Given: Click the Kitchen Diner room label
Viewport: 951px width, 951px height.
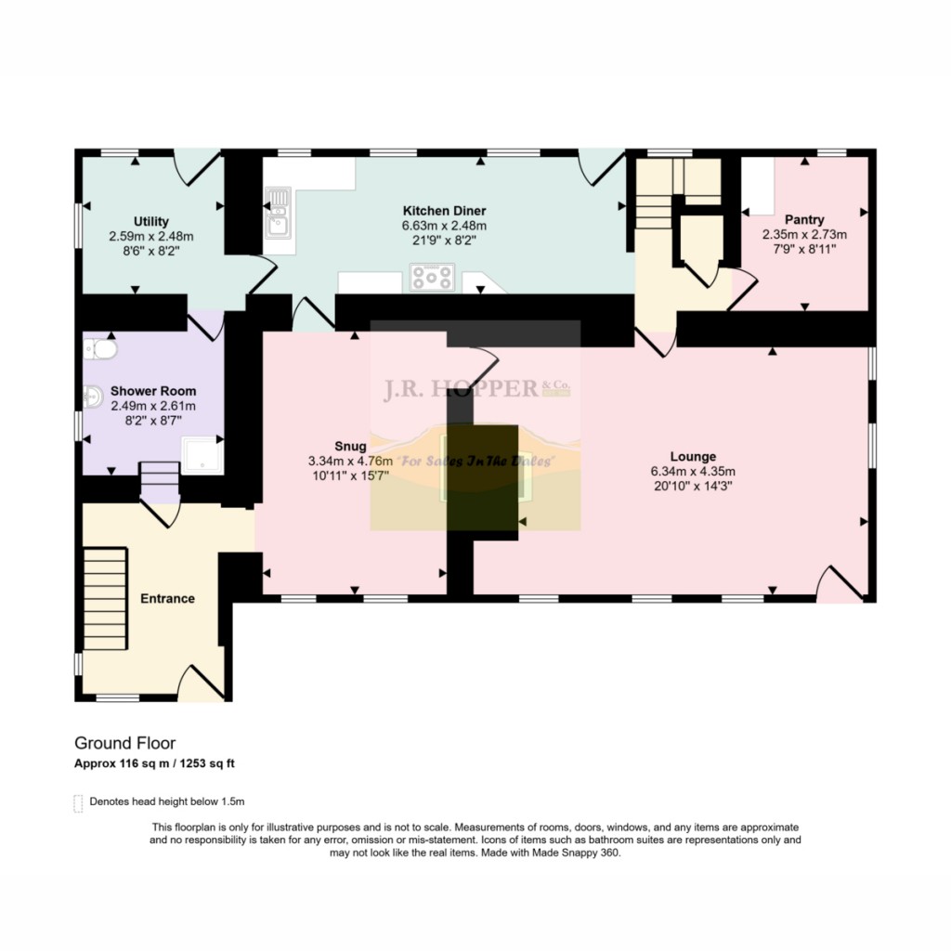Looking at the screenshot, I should [x=444, y=211].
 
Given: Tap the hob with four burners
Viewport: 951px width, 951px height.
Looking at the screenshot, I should [x=433, y=277].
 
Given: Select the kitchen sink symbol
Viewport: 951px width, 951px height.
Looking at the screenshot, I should [x=278, y=213].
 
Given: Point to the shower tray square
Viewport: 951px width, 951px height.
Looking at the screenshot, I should [x=202, y=455].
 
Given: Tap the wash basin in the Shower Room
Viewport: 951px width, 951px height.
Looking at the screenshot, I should [x=91, y=397].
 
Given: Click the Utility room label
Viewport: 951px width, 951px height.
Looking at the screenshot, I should [x=150, y=221].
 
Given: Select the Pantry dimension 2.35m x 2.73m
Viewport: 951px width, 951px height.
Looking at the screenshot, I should [x=804, y=235].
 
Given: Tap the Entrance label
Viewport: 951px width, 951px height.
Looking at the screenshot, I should [x=167, y=598].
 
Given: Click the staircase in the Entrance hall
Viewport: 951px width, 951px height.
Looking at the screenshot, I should [x=105, y=600].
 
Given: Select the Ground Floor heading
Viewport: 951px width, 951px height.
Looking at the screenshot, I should [x=124, y=743].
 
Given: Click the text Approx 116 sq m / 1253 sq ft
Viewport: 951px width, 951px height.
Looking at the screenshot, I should [x=161, y=763].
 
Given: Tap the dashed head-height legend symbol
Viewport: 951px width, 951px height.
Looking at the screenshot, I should [x=77, y=802].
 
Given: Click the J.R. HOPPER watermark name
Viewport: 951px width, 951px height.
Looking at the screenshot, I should [x=461, y=389].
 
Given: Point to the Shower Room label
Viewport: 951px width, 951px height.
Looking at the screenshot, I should [x=153, y=391].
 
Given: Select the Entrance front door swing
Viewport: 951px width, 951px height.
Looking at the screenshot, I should [x=202, y=684].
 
